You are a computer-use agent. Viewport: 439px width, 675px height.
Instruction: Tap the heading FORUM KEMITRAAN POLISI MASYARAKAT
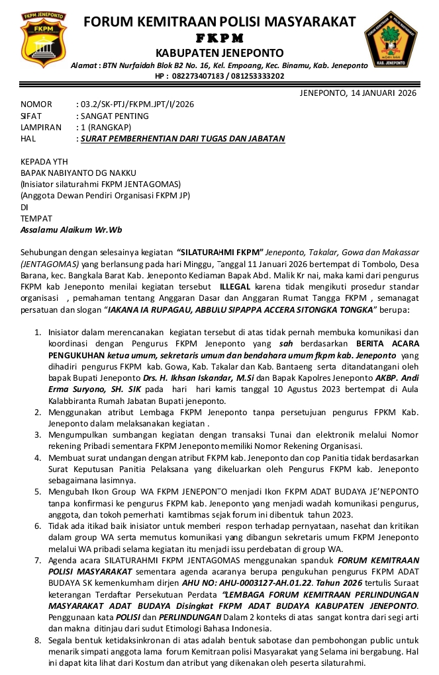pyautogui.click(x=219, y=22)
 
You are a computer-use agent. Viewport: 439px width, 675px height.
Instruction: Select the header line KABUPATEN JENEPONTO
pyautogui.click(x=219, y=53)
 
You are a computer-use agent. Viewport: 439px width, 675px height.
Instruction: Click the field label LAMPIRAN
pyautogui.click(x=40, y=127)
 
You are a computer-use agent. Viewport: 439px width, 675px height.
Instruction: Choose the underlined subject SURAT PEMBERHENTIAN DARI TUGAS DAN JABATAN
pyautogui.click(x=183, y=139)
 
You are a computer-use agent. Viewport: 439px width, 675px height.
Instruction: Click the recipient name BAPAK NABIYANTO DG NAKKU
pyautogui.click(x=78, y=173)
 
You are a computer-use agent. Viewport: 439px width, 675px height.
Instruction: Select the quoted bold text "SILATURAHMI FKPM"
pyautogui.click(x=220, y=253)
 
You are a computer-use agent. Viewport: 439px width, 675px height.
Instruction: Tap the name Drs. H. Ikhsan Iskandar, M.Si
pyautogui.click(x=179, y=377)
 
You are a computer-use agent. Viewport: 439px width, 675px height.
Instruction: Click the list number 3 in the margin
pyautogui.click(x=38, y=434)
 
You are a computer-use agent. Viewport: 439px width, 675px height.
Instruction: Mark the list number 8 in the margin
pyautogui.click(x=38, y=640)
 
